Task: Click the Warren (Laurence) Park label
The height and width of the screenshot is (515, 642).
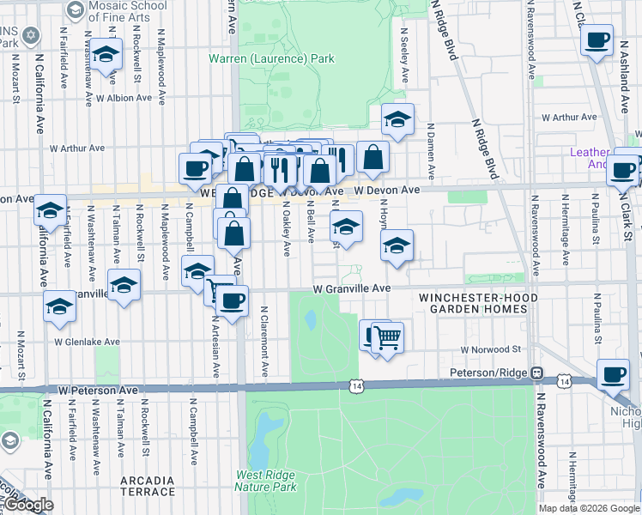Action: pos(271,59)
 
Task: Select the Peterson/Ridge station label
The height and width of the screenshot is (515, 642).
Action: pos(489,373)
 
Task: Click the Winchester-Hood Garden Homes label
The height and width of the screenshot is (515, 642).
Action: pos(472,303)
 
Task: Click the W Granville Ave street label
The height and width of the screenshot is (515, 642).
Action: pos(352,289)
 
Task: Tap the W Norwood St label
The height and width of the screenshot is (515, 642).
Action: pos(491,349)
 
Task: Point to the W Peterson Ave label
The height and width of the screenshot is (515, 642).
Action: pos(98,390)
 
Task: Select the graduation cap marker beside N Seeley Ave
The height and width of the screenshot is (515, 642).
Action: pos(397,120)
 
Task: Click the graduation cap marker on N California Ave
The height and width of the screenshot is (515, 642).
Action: pos(51,209)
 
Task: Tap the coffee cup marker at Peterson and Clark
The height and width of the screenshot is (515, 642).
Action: pos(613,374)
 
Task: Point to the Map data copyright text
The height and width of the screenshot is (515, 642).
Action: pos(588,508)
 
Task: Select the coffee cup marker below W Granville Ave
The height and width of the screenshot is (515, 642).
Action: pos(232,300)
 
